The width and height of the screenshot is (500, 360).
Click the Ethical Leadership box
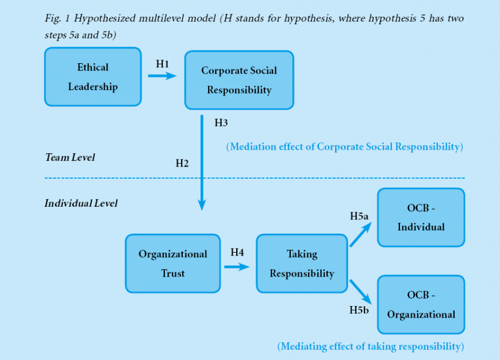tap(93, 77)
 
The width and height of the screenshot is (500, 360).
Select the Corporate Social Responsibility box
tap(239, 80)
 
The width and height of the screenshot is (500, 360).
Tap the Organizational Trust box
tap(172, 264)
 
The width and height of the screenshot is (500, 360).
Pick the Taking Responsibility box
tap(302, 264)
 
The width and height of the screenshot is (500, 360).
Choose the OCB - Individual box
tap(421, 218)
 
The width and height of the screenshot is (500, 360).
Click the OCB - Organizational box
tap(421, 304)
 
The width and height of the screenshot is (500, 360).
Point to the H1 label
tap(163, 64)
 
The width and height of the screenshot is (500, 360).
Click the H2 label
tap(182, 163)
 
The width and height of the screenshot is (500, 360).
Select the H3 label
tap(221, 122)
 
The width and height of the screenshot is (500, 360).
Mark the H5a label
tap(360, 216)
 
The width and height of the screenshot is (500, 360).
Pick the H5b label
tap(359, 310)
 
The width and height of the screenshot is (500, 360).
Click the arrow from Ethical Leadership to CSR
tap(162, 75)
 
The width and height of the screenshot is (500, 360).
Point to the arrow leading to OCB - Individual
tap(360, 235)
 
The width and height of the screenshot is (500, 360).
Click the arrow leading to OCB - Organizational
tap(360, 291)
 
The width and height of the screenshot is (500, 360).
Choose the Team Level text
tap(70, 157)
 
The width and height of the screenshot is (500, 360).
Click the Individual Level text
tap(81, 203)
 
